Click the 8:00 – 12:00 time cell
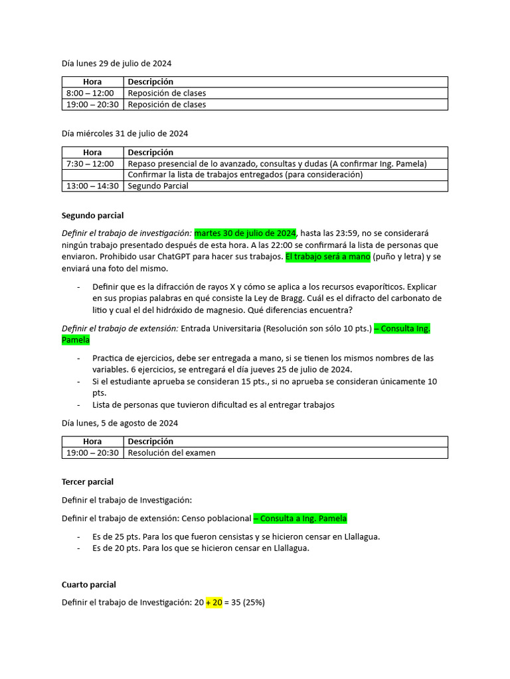(90, 93)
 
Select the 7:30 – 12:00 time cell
(90, 164)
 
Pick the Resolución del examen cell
(171, 453)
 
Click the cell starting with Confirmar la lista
(245, 175)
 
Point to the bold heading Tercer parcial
(88, 481)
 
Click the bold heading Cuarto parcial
(88, 585)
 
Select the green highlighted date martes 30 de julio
(245, 233)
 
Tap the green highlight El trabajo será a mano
(328, 257)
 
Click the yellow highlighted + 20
(213, 603)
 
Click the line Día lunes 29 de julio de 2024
(116, 64)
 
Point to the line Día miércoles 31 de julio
(125, 133)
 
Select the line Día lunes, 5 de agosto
(120, 423)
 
